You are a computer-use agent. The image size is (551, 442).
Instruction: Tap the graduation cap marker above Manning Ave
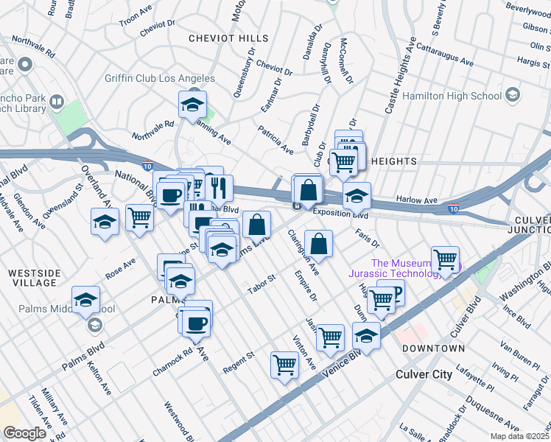[x=192, y=105]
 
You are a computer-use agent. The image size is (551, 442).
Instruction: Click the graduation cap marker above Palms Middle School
[x=86, y=300]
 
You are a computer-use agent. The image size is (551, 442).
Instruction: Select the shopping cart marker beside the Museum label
[x=445, y=260]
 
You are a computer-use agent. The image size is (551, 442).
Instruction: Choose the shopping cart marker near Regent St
[x=284, y=365]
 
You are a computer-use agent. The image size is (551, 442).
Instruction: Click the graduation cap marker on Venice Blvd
[x=366, y=336]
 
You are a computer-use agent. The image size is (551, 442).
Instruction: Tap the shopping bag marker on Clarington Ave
[x=318, y=244]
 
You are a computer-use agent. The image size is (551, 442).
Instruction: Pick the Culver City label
[x=424, y=374]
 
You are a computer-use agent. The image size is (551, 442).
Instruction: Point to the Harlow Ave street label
[x=417, y=200]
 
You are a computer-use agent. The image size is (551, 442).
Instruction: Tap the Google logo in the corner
[x=24, y=433]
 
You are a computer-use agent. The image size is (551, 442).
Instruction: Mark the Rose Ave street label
[x=120, y=267]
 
